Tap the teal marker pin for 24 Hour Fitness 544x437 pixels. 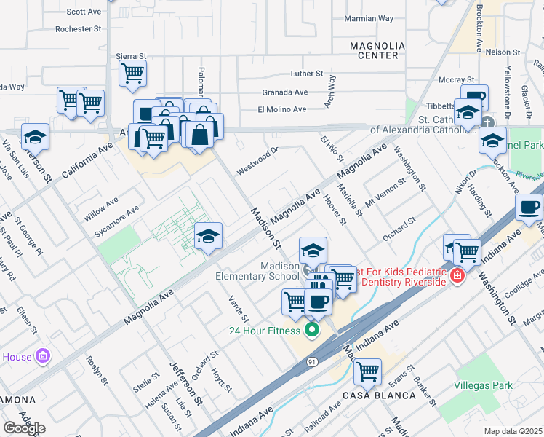coord(312,331)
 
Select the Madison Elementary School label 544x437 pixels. coord(257,270)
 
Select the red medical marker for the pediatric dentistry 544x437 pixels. coord(457,276)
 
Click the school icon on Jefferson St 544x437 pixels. coord(34,136)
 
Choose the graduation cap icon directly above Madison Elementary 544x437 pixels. coord(313,250)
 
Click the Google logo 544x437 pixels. coord(24,428)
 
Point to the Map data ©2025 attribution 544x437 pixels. coord(513,431)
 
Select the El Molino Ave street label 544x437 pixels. coord(281,109)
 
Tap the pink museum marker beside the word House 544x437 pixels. coord(43,356)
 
